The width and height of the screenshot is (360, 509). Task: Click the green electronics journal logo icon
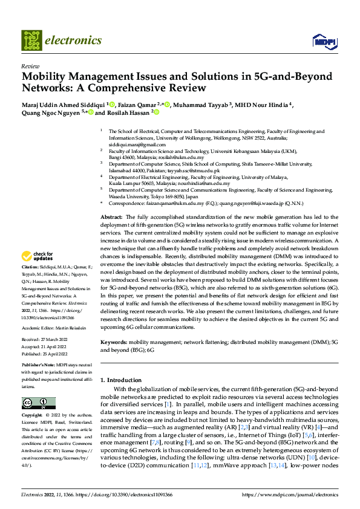[31, 41]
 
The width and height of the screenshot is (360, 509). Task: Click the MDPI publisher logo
[322, 41]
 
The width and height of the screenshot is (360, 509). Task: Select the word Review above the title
[30, 66]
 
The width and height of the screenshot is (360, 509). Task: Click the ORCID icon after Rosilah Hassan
[155, 112]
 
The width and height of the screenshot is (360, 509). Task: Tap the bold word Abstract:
[111, 216]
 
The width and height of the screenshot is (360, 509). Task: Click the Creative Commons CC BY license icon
[39, 403]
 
